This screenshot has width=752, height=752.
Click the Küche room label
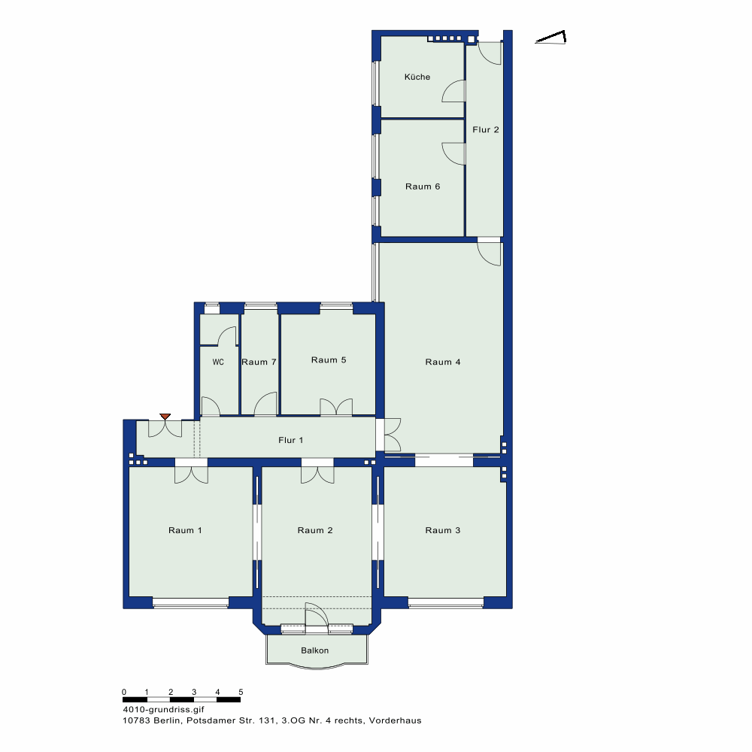(417, 77)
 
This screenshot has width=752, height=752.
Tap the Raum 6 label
(423, 186)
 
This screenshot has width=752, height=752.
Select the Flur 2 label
(486, 129)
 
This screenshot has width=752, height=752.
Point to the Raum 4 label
(443, 362)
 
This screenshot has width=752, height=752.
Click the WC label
(218, 362)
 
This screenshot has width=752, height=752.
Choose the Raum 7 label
(259, 362)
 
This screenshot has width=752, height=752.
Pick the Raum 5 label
(329, 360)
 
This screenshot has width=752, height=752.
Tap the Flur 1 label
(290, 440)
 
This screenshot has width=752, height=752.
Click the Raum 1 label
(185, 530)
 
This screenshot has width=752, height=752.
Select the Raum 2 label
(315, 530)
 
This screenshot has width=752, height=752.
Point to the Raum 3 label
(443, 530)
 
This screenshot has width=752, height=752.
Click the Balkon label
(315, 650)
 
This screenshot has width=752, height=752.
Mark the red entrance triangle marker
(165, 417)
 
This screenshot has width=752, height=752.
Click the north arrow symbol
(550, 38)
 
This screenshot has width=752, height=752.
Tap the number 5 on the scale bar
(241, 692)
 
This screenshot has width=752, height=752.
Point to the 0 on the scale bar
(124, 692)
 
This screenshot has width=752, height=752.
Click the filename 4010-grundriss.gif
(163, 710)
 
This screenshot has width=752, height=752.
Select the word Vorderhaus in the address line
(396, 720)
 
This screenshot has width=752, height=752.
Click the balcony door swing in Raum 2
(317, 614)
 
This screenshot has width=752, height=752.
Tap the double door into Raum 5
(336, 407)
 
